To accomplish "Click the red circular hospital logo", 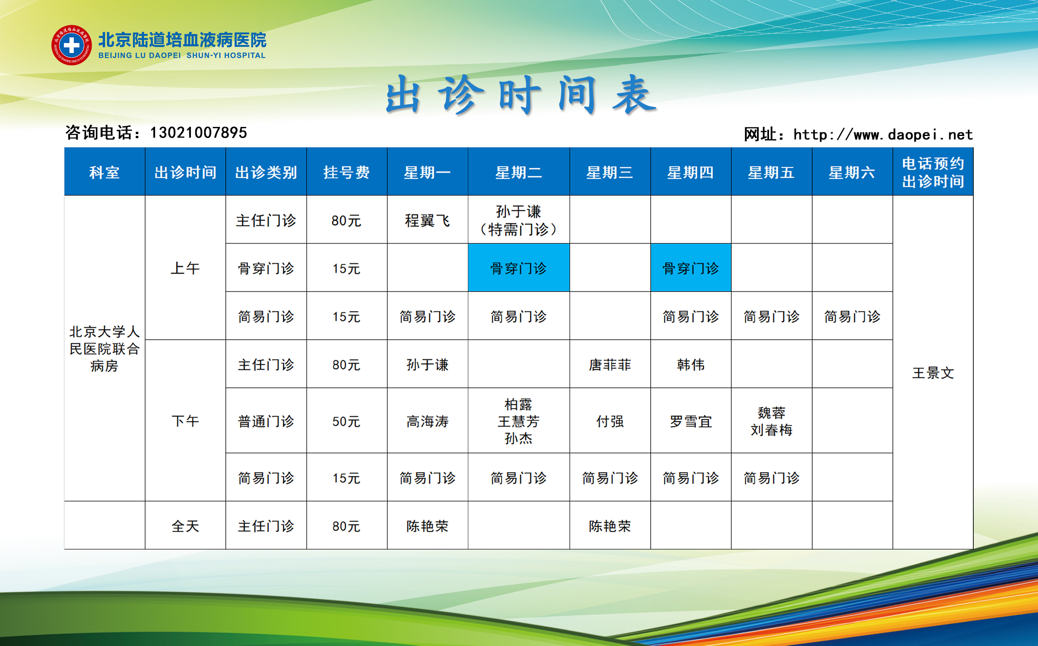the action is (x=71, y=45).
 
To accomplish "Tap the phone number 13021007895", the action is (x=199, y=133).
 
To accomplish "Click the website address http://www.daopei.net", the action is (x=883, y=135).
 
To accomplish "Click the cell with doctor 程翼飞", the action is (x=427, y=220).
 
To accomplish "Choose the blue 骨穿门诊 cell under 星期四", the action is (x=691, y=268).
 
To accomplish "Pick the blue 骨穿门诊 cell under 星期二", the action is (x=519, y=268).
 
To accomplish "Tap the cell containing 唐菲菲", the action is (x=610, y=364).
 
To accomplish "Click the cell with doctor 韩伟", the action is (x=691, y=364).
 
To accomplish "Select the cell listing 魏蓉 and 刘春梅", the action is (x=771, y=421).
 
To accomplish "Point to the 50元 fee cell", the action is (x=347, y=421).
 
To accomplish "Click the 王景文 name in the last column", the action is (x=933, y=373).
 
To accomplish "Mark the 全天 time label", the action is (x=185, y=526).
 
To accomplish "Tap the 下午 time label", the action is (x=185, y=421).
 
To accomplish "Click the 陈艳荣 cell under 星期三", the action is (x=610, y=526).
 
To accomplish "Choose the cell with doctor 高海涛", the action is (x=427, y=421).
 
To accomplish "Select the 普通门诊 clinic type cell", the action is (x=266, y=421).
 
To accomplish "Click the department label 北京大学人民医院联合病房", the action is (x=105, y=348).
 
